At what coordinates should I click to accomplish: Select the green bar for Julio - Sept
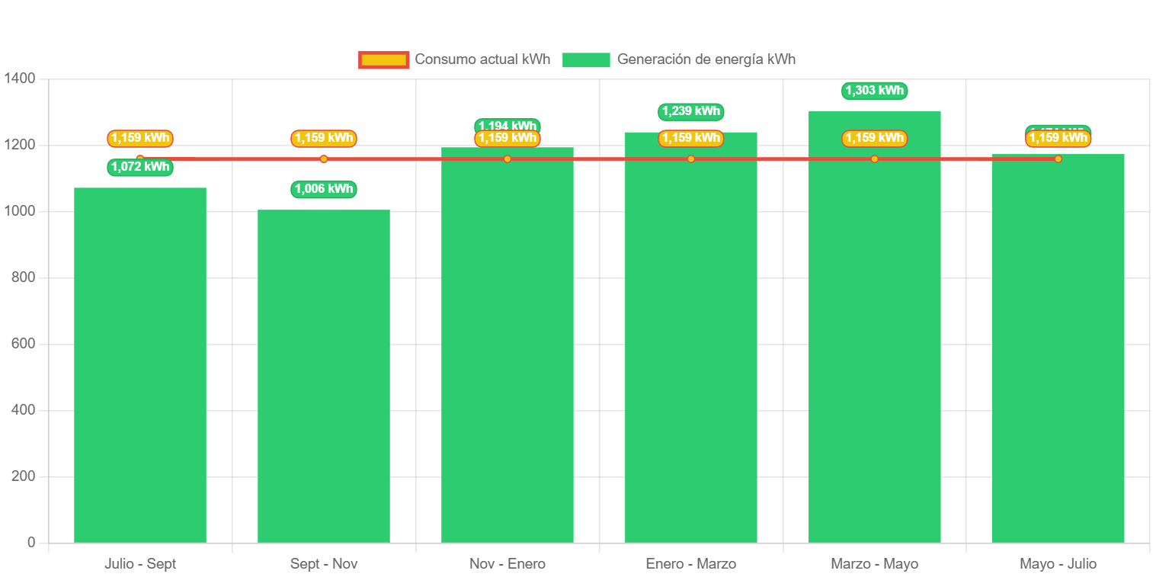click(140, 366)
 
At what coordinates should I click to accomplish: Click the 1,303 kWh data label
click(875, 91)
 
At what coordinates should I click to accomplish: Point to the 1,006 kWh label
click(324, 189)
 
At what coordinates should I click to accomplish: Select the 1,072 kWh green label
click(140, 167)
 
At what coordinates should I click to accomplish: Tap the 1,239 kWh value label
click(690, 111)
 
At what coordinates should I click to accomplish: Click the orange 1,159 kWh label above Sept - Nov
click(324, 138)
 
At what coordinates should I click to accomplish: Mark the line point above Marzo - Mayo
click(874, 159)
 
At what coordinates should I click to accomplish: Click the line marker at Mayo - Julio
click(1058, 159)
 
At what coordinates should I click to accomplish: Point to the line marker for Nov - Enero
click(508, 159)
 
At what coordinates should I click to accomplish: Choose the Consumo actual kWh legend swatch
click(383, 59)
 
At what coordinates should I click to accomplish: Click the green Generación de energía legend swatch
click(586, 59)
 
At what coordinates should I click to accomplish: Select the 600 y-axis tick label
click(23, 344)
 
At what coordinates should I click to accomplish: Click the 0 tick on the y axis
click(31, 543)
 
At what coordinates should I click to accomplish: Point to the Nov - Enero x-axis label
click(508, 564)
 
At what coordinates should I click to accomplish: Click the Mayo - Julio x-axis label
click(1058, 564)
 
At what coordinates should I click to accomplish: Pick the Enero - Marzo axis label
click(690, 564)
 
